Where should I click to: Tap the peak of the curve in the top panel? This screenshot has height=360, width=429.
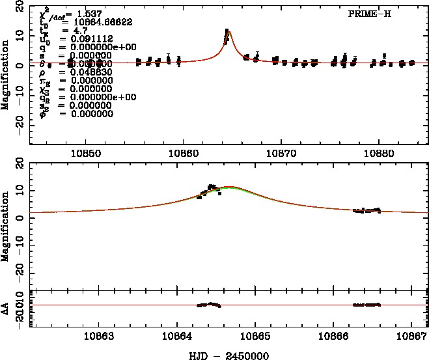[x=228, y=31]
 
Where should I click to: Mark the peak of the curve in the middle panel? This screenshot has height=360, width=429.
[x=228, y=187]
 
